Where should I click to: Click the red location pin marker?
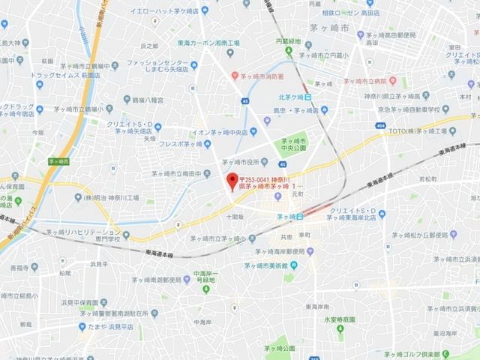coord(232,181)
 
